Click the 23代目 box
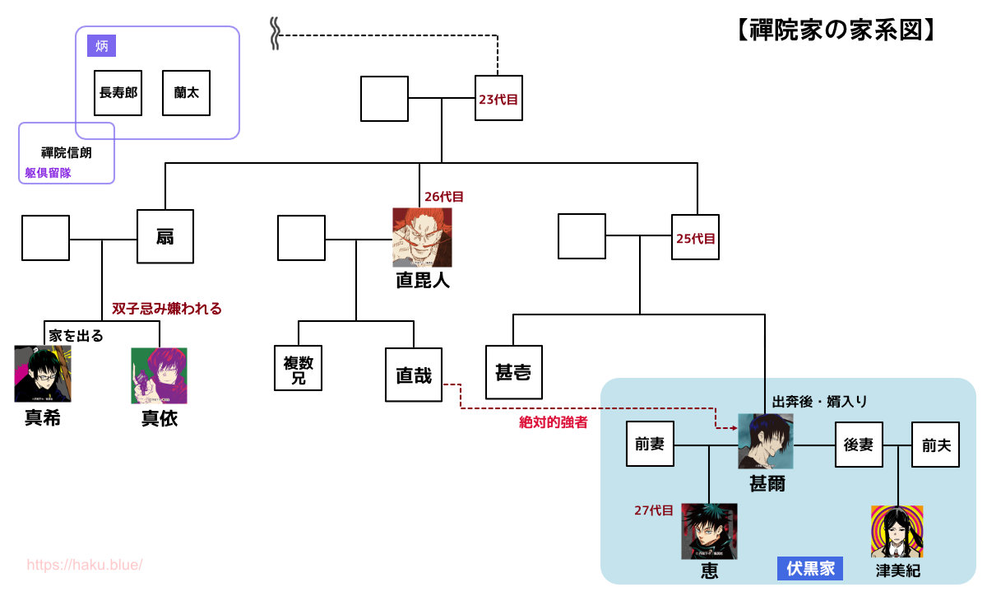pos(498,99)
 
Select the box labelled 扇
pos(165,238)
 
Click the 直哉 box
pos(414,375)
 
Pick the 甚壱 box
pos(514,373)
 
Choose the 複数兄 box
pos(298,368)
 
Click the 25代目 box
pos(696,238)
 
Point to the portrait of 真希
pos(43,375)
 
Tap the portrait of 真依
pos(159,375)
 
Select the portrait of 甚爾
pos(766,441)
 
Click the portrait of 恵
pos(709,532)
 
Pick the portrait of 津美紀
pos(897,532)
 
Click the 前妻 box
pos(650,445)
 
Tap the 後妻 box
pos(859,445)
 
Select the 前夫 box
pos(936,445)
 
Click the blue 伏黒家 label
pos(810,569)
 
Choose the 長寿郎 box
pos(118,92)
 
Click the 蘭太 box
pos(187,92)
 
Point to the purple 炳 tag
pos(102,46)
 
